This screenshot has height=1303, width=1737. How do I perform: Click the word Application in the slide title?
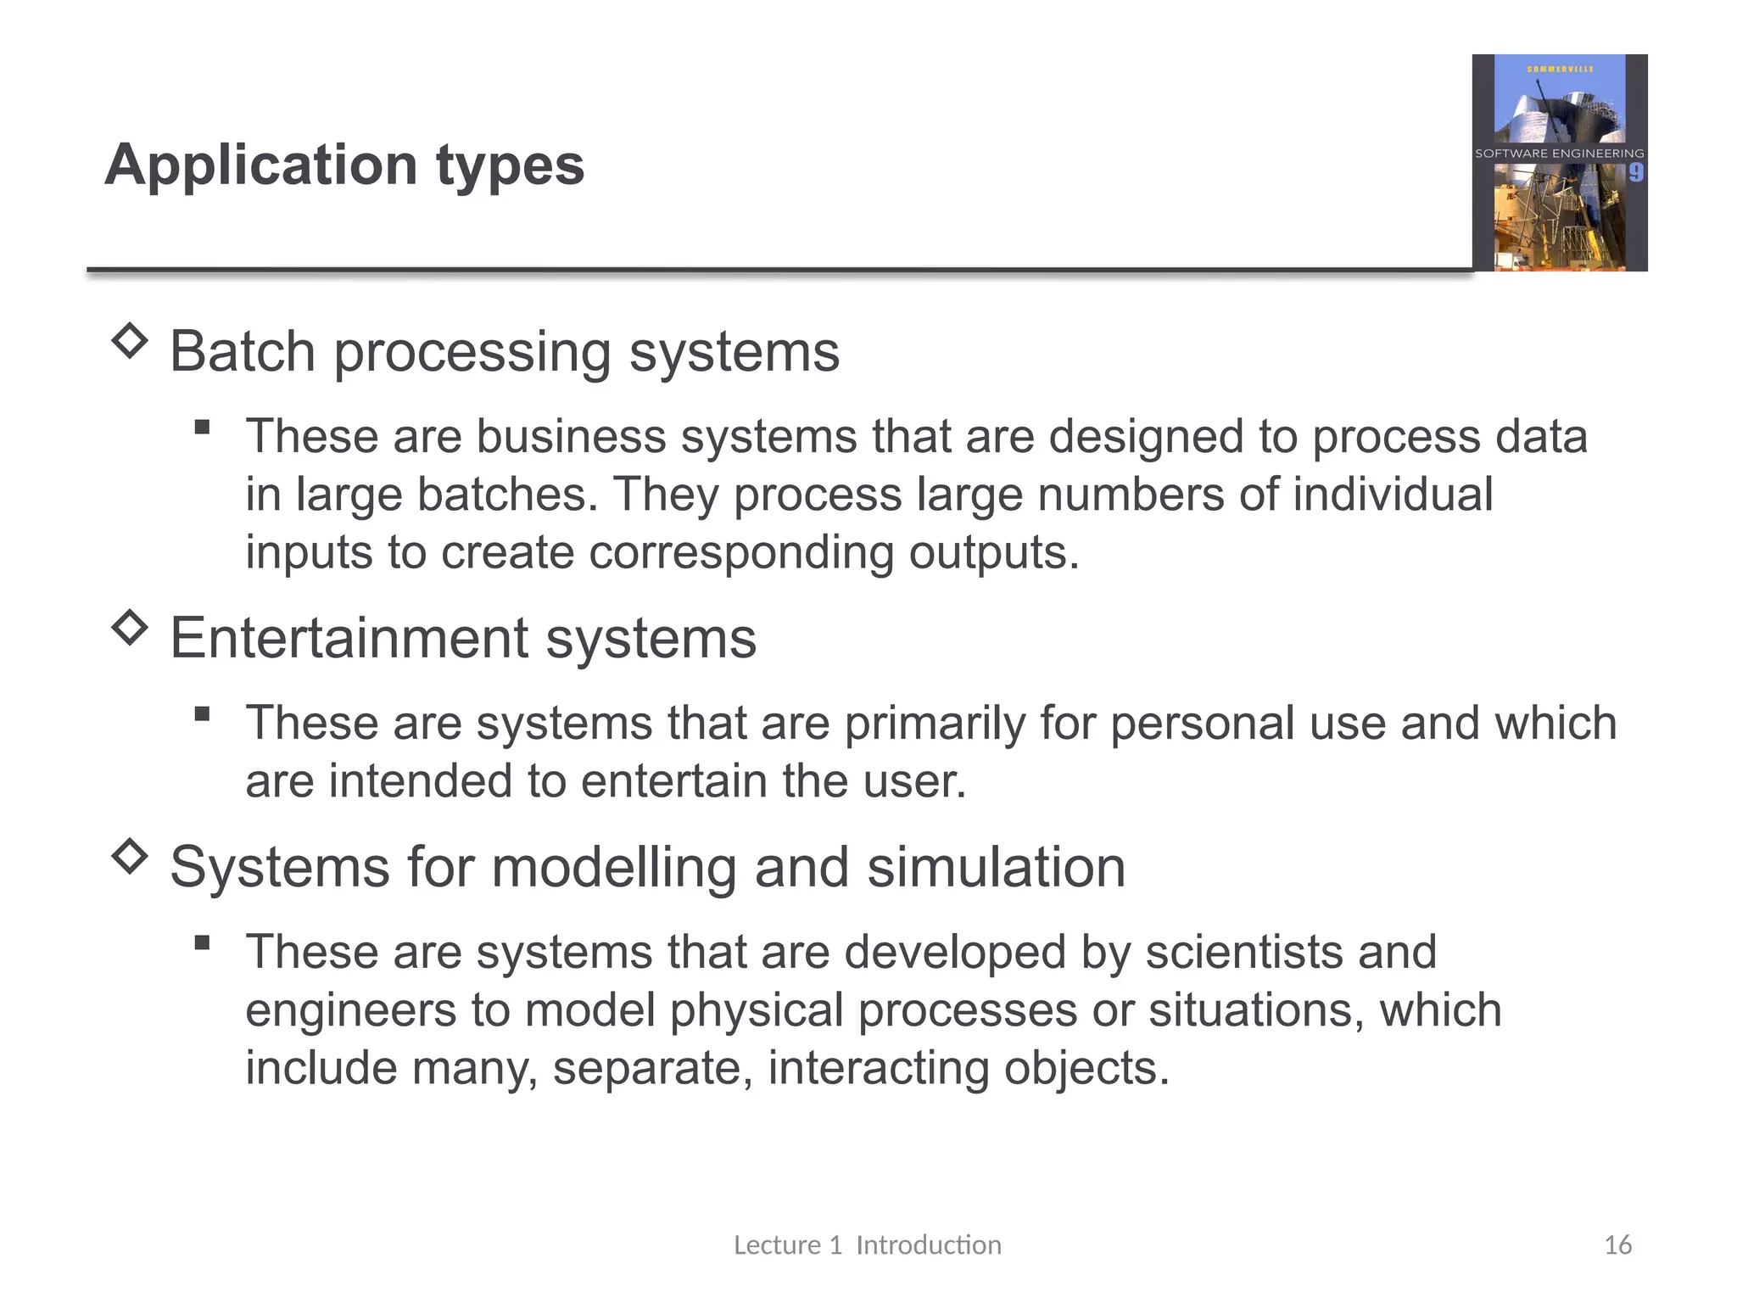pos(261,165)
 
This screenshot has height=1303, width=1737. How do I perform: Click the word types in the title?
pos(510,165)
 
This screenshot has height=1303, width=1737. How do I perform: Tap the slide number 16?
pos(1617,1244)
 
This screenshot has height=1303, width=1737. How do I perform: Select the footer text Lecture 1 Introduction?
pos(867,1244)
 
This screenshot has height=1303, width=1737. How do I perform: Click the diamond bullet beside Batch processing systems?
pos(130,341)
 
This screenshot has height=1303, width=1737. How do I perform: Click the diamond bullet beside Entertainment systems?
pos(130,628)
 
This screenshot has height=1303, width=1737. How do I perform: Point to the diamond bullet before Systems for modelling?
pos(130,856)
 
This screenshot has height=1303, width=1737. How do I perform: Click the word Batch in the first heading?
pos(243,351)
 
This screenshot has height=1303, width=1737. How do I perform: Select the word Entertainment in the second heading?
pos(348,638)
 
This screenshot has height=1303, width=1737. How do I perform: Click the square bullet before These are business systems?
pos(202,427)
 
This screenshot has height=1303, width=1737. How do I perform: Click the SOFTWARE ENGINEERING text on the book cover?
pos(1559,154)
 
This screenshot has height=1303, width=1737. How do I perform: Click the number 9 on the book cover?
pos(1635,173)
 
